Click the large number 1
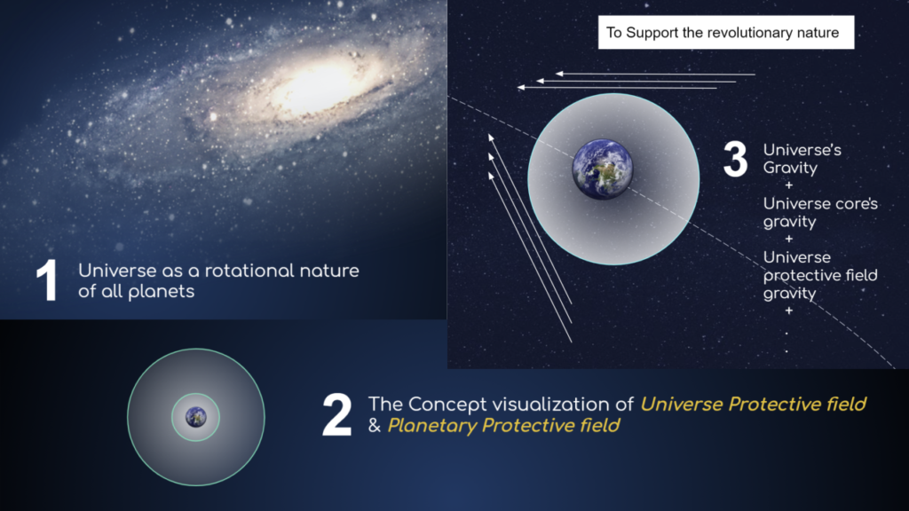click(x=46, y=279)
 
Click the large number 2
click(x=336, y=414)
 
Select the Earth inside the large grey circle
click(x=603, y=169)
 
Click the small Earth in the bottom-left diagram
click(x=195, y=416)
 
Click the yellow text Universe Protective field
click(x=753, y=404)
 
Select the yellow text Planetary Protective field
click(x=503, y=426)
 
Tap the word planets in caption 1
click(x=163, y=291)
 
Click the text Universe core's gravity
click(x=819, y=213)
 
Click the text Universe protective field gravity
click(x=819, y=274)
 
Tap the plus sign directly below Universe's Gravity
click(x=788, y=185)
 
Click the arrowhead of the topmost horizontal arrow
click(x=561, y=74)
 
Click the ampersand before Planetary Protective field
click(x=374, y=427)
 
